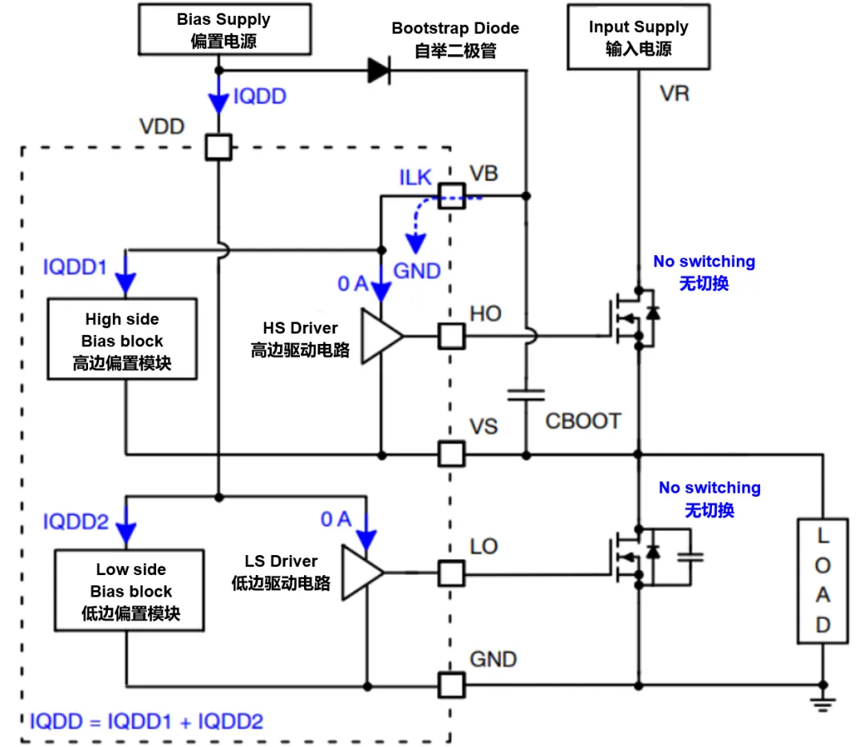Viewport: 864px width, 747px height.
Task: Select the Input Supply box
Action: click(x=638, y=38)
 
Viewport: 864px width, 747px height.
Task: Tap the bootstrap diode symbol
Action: click(x=378, y=71)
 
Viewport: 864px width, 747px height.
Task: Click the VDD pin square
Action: click(x=218, y=147)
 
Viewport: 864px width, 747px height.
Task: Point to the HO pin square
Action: click(x=451, y=336)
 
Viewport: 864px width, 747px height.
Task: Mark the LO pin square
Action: click(x=451, y=573)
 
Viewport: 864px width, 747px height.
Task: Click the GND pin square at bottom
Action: click(x=451, y=685)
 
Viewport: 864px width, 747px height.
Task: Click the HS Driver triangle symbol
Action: click(x=381, y=337)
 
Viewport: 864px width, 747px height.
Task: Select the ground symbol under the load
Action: click(x=822, y=702)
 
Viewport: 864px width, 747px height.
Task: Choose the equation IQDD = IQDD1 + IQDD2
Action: click(x=146, y=721)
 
